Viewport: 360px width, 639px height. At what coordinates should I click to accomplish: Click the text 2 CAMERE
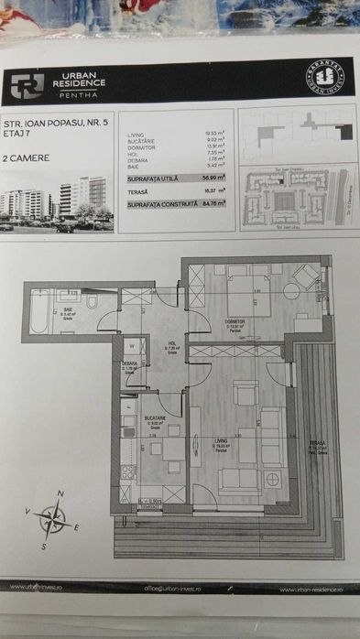point(27,157)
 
